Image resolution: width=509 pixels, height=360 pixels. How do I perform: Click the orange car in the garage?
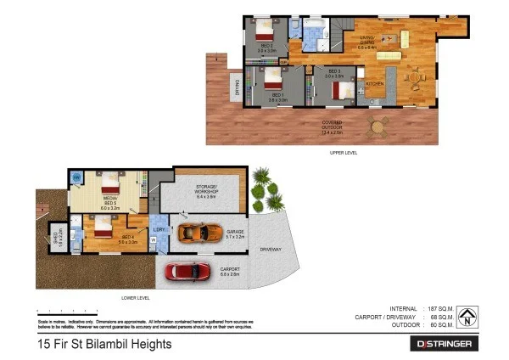[x=199, y=231]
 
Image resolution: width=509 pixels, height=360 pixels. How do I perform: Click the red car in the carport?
[x=188, y=271]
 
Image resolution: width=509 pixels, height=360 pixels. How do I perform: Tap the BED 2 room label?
[x=266, y=48]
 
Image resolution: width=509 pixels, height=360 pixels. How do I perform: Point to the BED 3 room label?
[x=333, y=74]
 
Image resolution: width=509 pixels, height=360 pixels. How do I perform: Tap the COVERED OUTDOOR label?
[x=332, y=127]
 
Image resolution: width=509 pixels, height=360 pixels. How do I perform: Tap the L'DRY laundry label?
[x=158, y=229]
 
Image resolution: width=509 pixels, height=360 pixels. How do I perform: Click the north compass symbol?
[x=467, y=317]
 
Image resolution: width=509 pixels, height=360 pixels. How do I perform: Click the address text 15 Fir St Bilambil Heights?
[x=105, y=344]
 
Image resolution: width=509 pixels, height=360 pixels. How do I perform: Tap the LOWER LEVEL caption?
[x=136, y=298]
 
